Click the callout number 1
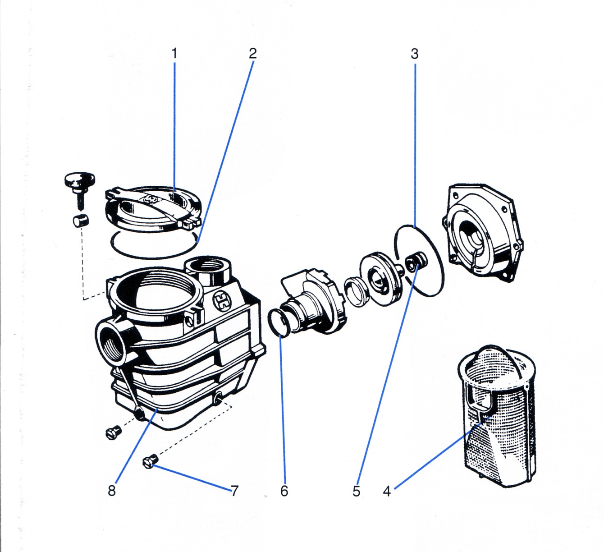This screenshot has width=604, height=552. coord(174,53)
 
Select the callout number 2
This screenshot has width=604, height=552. coord(252,53)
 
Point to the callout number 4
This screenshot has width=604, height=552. coord(387,491)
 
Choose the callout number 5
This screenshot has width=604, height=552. coord(357,491)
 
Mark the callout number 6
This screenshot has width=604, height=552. coord(284,491)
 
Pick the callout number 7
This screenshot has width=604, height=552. coord(234,491)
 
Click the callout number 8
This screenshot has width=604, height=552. coord(112,491)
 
